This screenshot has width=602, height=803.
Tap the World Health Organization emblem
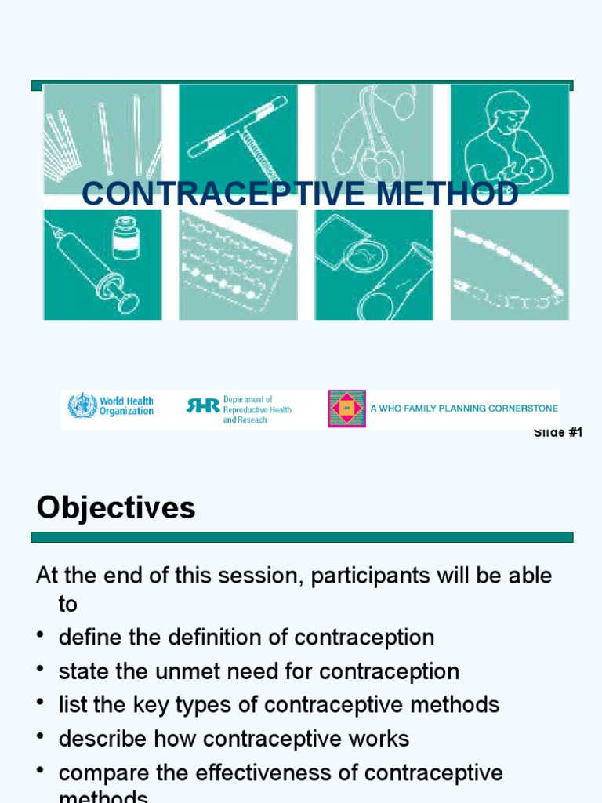click(x=82, y=406)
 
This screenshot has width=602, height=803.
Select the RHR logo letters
click(x=202, y=405)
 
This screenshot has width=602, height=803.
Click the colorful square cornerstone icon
click(x=346, y=409)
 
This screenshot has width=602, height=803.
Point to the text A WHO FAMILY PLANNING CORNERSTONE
click(x=464, y=409)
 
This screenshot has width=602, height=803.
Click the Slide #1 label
click(x=558, y=433)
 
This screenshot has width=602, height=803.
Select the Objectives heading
click(x=116, y=508)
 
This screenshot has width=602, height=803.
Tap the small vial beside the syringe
click(x=125, y=238)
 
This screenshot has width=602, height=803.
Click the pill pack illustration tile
click(x=238, y=264)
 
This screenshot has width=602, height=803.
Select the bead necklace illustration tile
click(x=510, y=264)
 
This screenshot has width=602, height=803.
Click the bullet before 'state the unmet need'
click(x=41, y=671)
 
